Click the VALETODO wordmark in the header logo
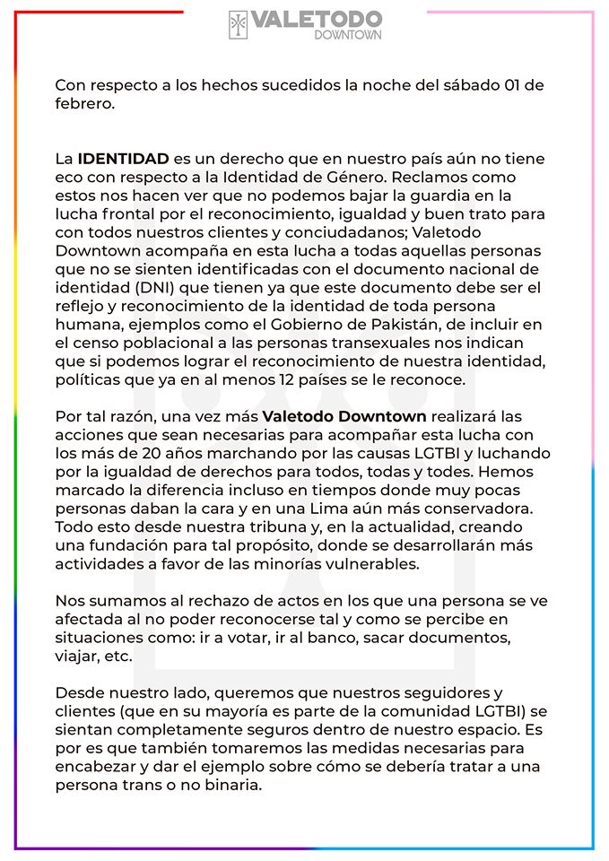coord(317,19)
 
